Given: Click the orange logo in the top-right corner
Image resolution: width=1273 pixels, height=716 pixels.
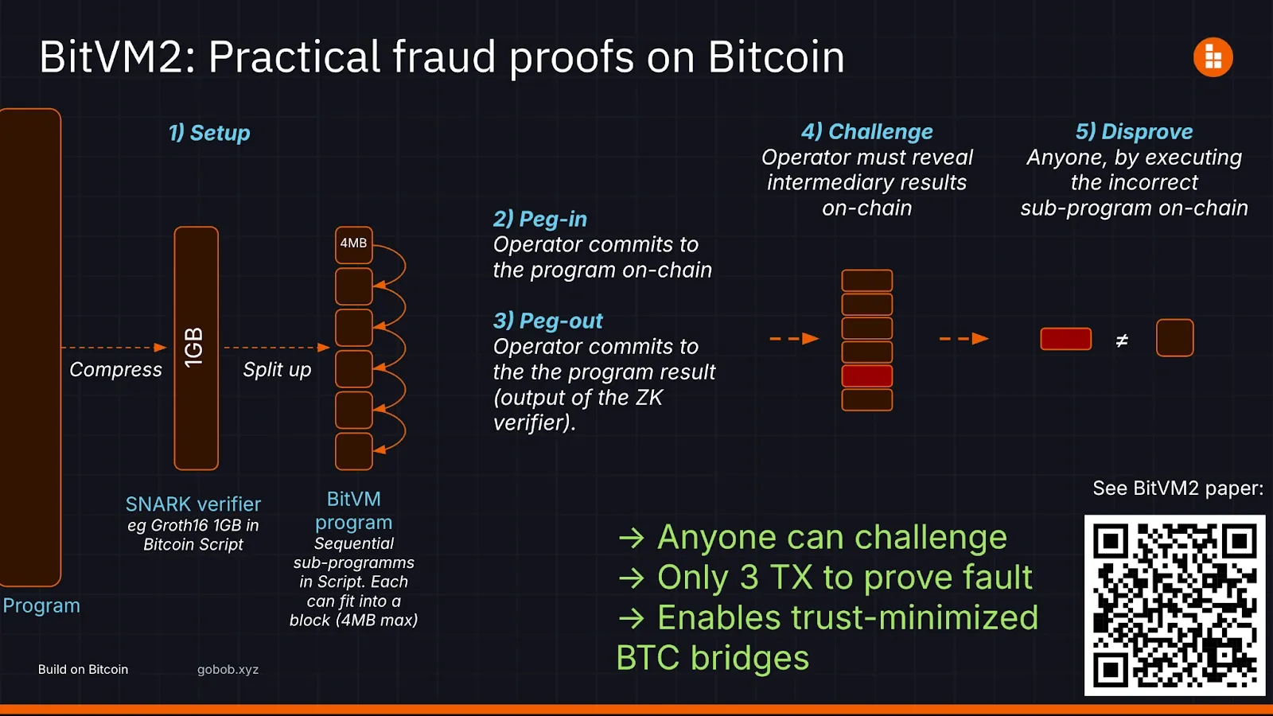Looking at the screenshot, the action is [1213, 56].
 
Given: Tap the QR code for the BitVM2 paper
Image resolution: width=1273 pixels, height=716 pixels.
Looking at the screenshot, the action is [1174, 605].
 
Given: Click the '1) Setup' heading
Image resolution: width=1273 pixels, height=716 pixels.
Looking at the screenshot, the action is [209, 133].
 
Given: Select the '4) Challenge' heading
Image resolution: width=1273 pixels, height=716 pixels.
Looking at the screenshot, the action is [866, 132].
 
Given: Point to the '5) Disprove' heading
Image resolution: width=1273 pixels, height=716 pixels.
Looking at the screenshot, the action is [1134, 132].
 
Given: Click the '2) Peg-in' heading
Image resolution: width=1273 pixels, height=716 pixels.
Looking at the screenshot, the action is [540, 220].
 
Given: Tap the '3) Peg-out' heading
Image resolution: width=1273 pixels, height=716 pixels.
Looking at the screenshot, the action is [548, 321].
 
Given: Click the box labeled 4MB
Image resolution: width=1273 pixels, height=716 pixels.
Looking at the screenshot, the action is [353, 244].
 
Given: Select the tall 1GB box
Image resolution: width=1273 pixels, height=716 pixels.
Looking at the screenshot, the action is [196, 348].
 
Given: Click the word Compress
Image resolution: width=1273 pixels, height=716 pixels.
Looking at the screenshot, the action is [115, 370].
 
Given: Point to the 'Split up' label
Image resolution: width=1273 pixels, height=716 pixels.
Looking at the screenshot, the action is [277, 370].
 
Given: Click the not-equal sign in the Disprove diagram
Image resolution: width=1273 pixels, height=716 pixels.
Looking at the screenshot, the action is [1121, 340].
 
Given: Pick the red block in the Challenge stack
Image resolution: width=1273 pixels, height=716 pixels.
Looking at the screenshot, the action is [866, 376].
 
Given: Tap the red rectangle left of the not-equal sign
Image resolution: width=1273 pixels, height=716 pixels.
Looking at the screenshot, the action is [1065, 339].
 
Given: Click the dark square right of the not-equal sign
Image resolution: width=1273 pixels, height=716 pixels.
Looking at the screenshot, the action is [1174, 337].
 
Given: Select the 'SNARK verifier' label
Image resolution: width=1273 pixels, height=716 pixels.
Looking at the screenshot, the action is [193, 504].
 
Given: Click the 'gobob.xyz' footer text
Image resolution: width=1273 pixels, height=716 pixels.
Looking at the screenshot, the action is [228, 670].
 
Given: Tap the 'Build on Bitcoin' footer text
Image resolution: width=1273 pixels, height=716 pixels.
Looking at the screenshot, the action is [83, 669].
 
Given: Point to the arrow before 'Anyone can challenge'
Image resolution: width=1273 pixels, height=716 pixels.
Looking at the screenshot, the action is [632, 538].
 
